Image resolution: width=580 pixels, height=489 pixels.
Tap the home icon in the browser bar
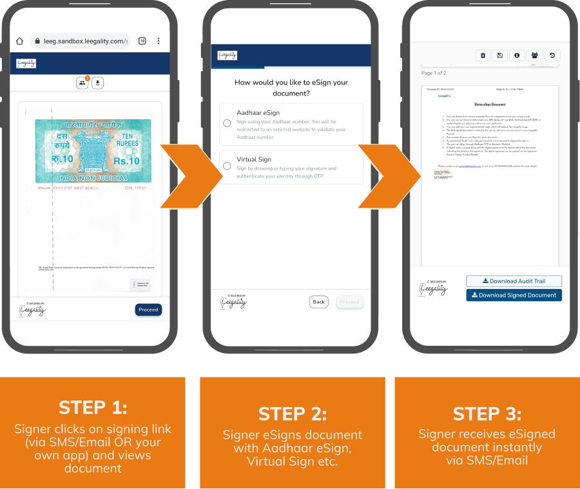(x=19, y=41)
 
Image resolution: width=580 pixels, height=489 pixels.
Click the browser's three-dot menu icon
(x=159, y=41)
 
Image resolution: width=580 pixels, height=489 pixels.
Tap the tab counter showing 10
(x=142, y=41)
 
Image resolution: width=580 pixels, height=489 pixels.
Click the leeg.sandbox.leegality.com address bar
(x=80, y=41)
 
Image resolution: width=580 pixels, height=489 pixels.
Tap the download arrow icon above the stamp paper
(x=98, y=83)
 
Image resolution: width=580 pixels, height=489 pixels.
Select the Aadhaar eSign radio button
(x=227, y=123)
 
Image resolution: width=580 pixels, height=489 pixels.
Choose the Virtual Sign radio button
(x=227, y=166)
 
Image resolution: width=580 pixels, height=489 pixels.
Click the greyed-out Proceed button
(x=349, y=302)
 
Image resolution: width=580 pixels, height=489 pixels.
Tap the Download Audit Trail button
(x=514, y=281)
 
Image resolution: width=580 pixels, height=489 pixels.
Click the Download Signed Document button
(x=514, y=295)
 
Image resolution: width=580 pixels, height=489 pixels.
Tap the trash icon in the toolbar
(x=483, y=55)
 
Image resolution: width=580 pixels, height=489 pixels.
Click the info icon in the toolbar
(x=517, y=55)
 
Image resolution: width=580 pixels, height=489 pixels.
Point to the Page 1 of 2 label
(x=434, y=73)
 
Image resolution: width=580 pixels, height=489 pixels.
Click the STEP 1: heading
(x=93, y=407)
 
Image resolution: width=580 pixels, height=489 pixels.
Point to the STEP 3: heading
(x=487, y=414)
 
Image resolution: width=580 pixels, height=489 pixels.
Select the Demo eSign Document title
(x=489, y=104)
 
